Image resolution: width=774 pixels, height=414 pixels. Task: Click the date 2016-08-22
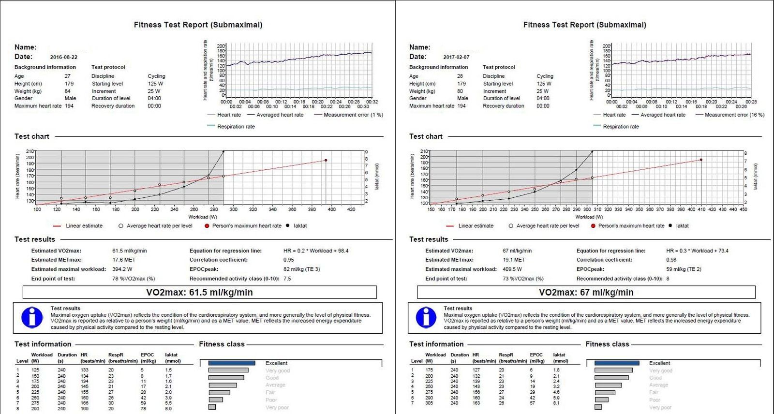tap(64, 57)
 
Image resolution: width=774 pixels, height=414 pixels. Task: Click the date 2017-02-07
tap(456, 57)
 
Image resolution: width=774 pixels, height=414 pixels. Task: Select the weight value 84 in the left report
tap(67, 91)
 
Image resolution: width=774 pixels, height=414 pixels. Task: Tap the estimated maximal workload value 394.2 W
tap(122, 269)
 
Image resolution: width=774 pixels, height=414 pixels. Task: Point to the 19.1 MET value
tap(514, 260)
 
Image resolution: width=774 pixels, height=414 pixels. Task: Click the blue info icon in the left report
tap(32, 317)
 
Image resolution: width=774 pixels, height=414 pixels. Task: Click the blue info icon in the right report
tap(426, 317)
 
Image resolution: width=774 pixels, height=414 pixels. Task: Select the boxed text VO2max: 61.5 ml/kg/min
tap(199, 292)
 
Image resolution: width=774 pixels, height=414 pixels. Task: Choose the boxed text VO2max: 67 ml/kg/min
tap(586, 292)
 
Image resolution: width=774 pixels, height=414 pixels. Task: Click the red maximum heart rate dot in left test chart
tap(326, 160)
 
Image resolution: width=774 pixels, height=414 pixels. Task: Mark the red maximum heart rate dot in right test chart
tap(701, 160)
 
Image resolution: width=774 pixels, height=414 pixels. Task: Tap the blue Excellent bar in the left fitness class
tap(232, 363)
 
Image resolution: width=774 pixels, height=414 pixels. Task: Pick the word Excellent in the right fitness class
tap(660, 363)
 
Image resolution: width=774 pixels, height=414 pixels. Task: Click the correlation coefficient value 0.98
tap(671, 260)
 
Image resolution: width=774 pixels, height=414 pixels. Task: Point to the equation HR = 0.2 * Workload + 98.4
tap(316, 251)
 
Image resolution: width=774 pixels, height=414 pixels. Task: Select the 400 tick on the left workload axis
tap(331, 209)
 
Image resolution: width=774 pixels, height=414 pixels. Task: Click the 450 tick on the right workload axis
tap(744, 209)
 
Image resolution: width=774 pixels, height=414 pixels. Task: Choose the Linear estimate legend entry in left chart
tap(84, 226)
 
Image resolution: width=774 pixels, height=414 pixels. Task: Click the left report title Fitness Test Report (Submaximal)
tap(198, 25)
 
